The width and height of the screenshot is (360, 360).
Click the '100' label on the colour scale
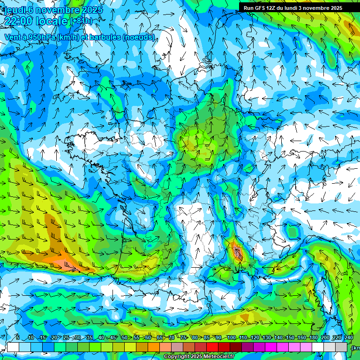click(231, 338)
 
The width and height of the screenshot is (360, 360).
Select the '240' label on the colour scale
click(349, 338)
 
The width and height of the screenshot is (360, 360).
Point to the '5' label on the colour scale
click(18, 338)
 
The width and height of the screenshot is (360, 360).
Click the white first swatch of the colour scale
click(13, 347)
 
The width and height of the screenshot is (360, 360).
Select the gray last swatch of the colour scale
click(341, 347)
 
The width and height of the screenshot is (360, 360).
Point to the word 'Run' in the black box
click(248, 7)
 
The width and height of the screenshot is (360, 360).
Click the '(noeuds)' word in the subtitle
click(138, 37)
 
